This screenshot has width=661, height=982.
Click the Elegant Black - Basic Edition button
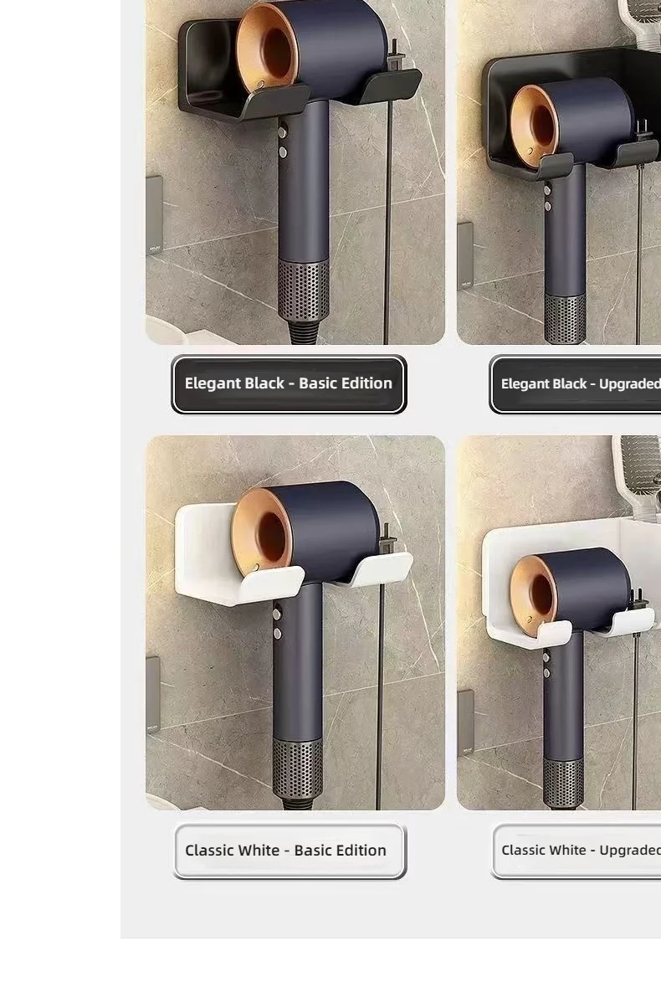(x=289, y=384)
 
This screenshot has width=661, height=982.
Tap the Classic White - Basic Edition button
(x=289, y=851)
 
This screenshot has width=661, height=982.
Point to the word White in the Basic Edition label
(x=259, y=850)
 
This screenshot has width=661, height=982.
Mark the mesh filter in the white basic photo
(x=297, y=769)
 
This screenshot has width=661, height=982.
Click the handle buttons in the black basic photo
(x=284, y=142)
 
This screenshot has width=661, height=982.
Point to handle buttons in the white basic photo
(x=277, y=624)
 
